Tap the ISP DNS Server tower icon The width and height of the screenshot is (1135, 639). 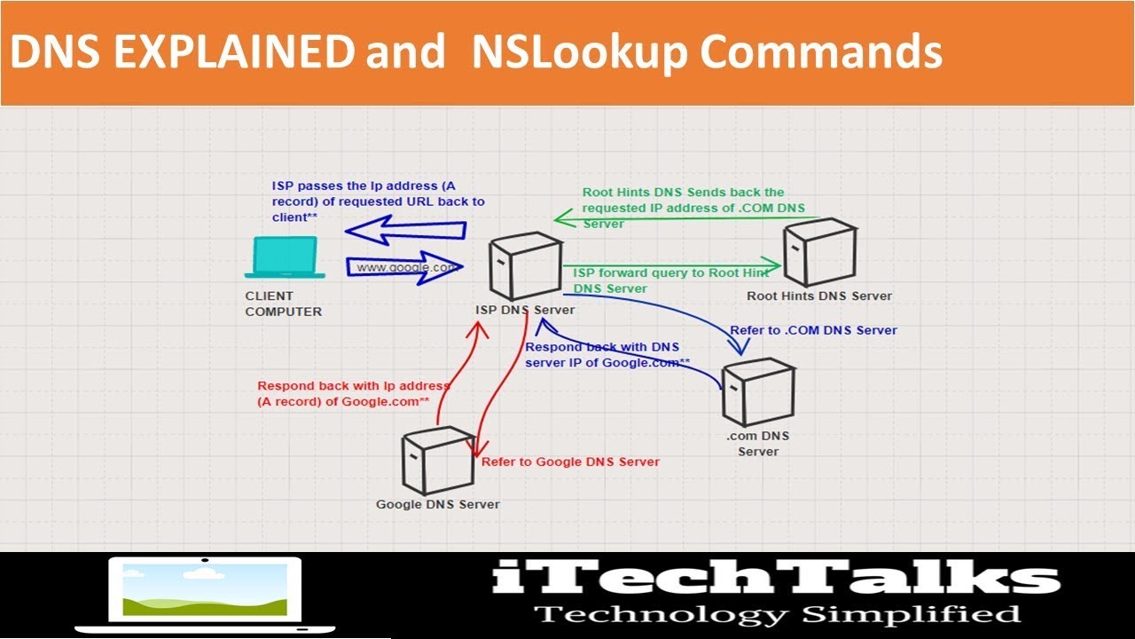click(525, 266)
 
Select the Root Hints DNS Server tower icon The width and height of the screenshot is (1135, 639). click(818, 254)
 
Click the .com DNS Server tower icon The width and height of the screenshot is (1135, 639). click(757, 393)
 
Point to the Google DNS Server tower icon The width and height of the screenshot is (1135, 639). click(437, 461)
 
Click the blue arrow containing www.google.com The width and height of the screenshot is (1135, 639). click(404, 267)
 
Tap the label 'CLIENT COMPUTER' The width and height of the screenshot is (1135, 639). click(283, 304)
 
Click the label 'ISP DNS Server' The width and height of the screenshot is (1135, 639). click(525, 310)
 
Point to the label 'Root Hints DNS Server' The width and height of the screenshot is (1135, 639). click(818, 296)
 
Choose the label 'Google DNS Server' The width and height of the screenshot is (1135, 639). click(437, 504)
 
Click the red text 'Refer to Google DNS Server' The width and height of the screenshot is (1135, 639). click(570, 461)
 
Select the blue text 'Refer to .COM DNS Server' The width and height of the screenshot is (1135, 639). click(813, 330)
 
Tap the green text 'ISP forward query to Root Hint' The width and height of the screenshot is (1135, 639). click(671, 273)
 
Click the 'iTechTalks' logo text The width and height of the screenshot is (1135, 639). click(776, 578)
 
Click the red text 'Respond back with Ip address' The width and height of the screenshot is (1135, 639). click(353, 386)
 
